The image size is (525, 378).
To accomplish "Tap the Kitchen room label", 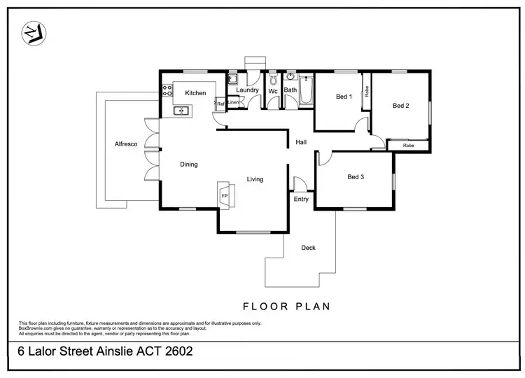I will [195, 93].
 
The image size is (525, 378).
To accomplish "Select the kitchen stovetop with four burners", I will [167, 90].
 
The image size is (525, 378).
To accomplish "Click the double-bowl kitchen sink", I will [181, 110].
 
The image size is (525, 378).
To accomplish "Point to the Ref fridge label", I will [220, 104].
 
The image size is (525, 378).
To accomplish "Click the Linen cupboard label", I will [233, 103].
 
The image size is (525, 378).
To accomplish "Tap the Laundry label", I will [248, 90].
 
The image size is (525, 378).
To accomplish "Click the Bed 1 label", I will [343, 97].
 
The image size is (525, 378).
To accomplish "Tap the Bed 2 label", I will [400, 106].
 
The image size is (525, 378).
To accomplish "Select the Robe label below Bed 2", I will [409, 146].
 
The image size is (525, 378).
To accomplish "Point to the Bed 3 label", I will [356, 177].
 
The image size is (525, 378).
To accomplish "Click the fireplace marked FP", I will [225, 196].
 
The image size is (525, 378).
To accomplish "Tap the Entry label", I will [301, 199].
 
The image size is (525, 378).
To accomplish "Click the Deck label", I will [308, 248].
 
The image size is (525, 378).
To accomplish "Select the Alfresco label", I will [125, 144].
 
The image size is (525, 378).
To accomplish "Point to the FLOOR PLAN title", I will [286, 306].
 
